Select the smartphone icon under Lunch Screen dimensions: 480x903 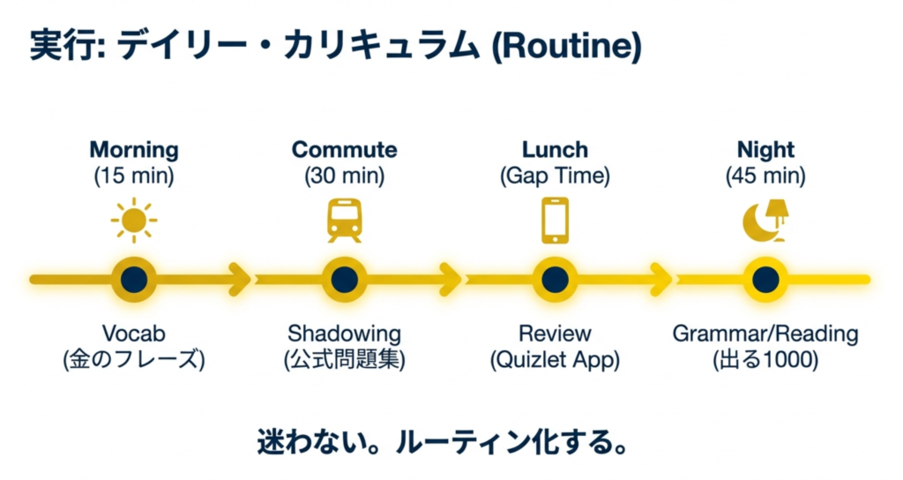coord(555,219)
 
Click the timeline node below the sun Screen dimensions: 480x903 coord(134,279)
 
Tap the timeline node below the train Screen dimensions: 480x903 coord(344,279)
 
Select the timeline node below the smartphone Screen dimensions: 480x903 coord(555,279)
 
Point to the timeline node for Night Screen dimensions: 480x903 coord(765,279)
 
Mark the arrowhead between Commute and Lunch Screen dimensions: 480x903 coord(450,279)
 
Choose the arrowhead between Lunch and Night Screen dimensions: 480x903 coord(660,279)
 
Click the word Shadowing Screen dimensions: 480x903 coord(344,334)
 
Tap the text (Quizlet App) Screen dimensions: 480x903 coord(555,360)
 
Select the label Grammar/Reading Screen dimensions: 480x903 coord(765,334)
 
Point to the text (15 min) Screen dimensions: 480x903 coord(134,176)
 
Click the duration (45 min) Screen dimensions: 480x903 coord(765,176)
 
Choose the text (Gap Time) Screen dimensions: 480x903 coord(555,176)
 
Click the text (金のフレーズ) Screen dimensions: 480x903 coord(134,360)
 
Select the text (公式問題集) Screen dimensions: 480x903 coord(344,360)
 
